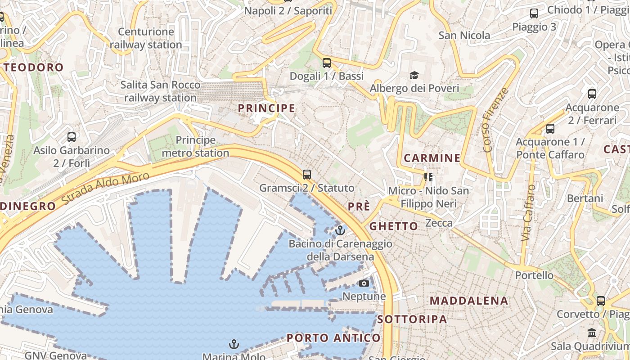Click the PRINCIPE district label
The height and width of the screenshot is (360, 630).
(x=266, y=108)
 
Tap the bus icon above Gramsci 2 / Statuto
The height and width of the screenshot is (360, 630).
(x=307, y=175)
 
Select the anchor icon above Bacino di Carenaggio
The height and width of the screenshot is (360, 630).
(x=340, y=231)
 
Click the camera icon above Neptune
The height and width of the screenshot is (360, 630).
(x=364, y=283)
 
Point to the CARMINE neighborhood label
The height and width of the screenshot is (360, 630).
(x=432, y=158)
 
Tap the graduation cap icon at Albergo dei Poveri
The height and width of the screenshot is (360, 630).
(x=414, y=75)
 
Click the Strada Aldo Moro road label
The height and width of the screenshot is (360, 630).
(x=105, y=189)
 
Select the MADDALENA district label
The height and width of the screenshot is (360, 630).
(x=469, y=301)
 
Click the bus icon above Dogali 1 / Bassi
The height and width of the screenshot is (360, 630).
(x=327, y=63)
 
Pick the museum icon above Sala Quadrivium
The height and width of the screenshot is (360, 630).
(x=592, y=333)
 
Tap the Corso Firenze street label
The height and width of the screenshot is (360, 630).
(x=495, y=120)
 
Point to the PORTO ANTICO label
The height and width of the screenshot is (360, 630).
(x=333, y=338)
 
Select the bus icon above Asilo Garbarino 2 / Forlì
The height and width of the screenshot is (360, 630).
(x=72, y=137)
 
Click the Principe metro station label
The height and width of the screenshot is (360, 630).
(x=195, y=147)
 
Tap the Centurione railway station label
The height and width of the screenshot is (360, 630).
(x=146, y=38)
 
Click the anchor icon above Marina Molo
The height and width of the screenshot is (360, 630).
(x=234, y=345)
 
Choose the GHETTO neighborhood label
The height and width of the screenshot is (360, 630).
(x=393, y=226)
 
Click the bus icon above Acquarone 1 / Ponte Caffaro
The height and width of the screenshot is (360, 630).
(x=550, y=129)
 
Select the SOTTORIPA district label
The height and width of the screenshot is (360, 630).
(x=412, y=319)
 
